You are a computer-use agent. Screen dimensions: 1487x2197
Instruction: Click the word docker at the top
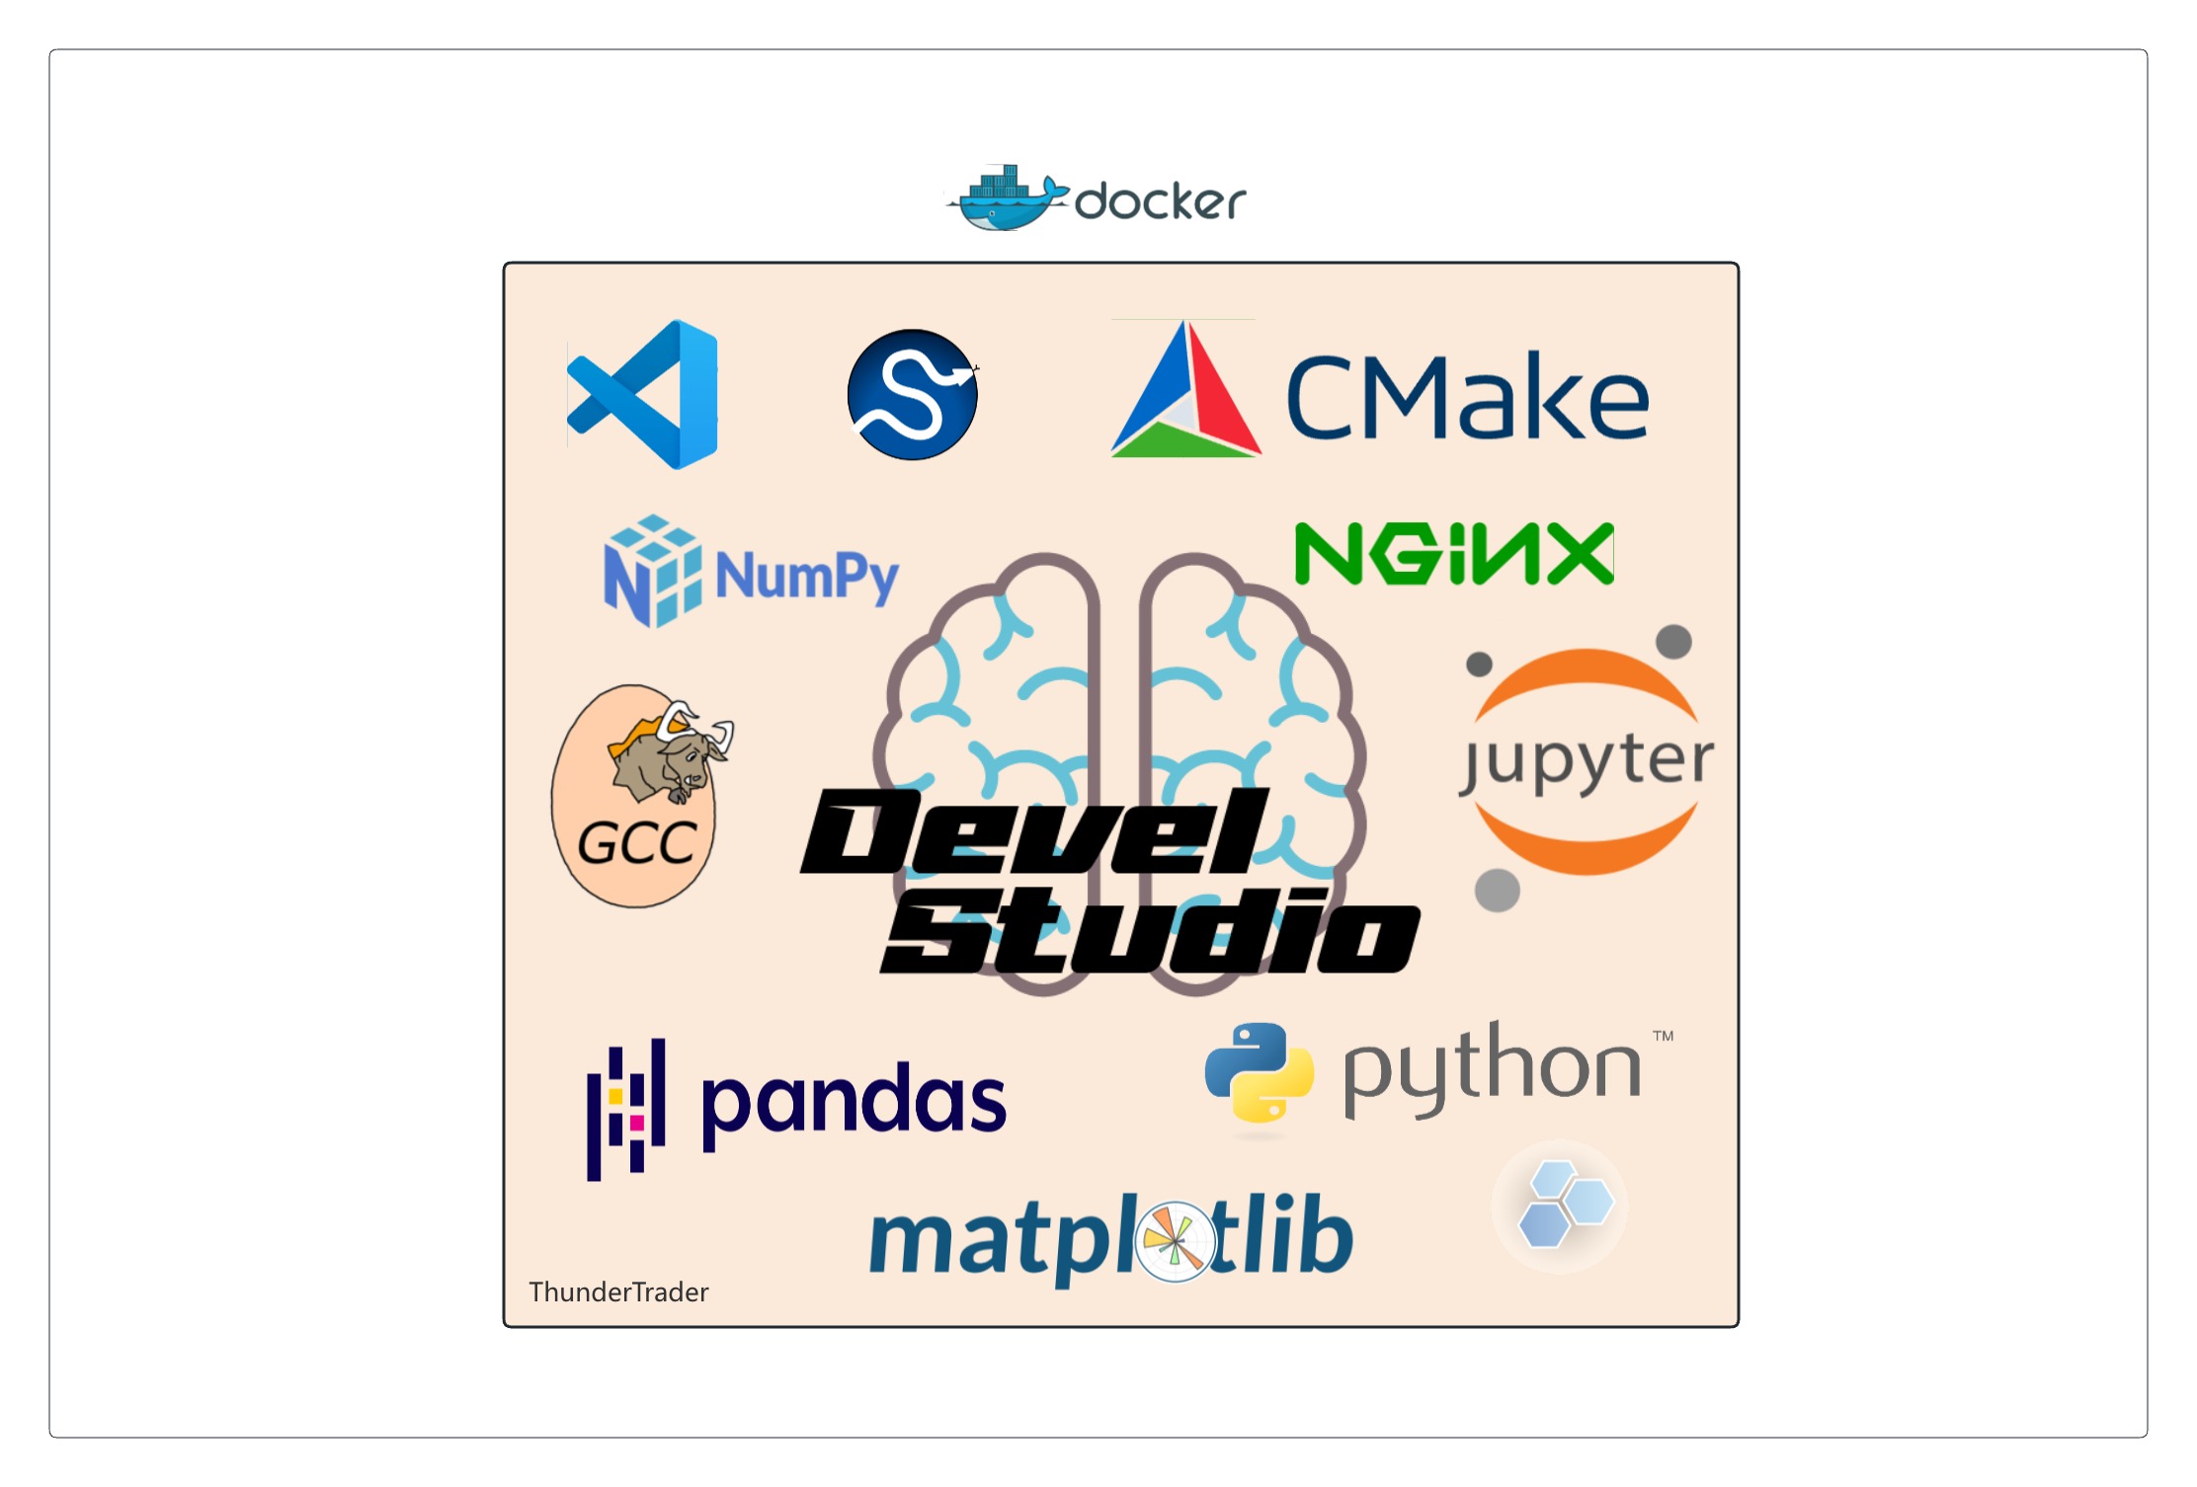(1160, 202)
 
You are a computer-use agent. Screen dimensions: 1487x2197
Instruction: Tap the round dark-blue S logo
(912, 395)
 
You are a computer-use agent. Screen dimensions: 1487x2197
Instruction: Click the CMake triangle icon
(1185, 395)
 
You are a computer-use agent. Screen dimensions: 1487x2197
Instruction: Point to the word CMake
(1468, 398)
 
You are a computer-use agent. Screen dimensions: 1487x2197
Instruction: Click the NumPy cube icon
(652, 571)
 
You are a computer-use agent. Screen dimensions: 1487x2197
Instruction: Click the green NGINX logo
(1454, 554)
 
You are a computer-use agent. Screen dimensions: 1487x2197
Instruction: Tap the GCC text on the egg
(636, 843)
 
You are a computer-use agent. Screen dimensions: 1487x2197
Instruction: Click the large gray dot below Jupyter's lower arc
(1497, 891)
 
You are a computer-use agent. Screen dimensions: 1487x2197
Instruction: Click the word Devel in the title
(1032, 831)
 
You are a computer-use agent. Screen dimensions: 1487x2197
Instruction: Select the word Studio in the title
(1151, 930)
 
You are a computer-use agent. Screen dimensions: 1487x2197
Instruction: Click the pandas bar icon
(626, 1109)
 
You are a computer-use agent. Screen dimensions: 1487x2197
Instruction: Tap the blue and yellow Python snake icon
(1259, 1073)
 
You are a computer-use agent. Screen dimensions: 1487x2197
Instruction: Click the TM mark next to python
(1664, 1037)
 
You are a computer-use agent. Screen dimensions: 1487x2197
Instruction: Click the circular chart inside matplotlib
(1175, 1241)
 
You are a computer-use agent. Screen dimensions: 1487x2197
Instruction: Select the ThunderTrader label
(618, 1292)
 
